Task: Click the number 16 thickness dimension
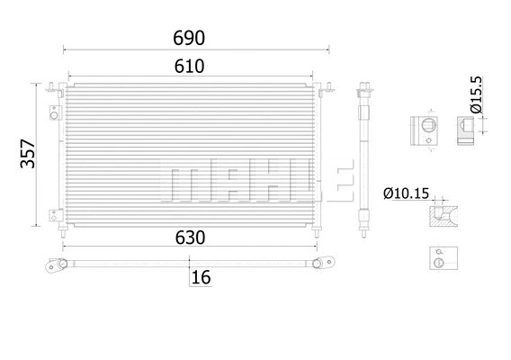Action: pyautogui.click(x=202, y=278)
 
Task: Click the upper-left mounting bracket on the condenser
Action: pyautogui.click(x=54, y=114)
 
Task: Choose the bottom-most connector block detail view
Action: pyautogui.click(x=439, y=259)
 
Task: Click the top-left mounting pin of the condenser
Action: pyautogui.click(x=56, y=88)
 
